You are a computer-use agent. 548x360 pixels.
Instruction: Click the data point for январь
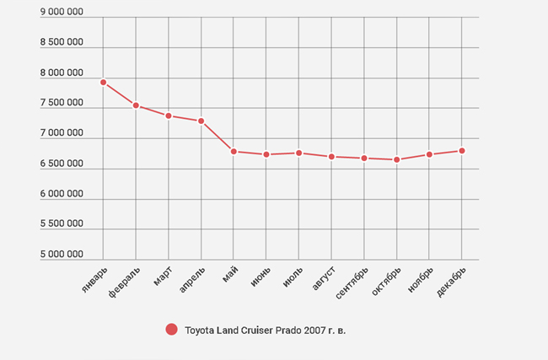coord(103,82)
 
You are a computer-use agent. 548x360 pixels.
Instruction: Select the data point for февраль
coord(136,105)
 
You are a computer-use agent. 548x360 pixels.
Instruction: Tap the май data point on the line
coord(234,151)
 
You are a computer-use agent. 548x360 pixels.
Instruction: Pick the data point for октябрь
coord(397,159)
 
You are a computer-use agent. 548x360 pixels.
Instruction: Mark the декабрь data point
coord(462,151)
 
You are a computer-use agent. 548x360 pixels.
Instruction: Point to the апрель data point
coord(201,121)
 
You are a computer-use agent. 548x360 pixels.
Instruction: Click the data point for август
coord(331,157)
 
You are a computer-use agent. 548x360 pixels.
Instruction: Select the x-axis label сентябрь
coord(352,283)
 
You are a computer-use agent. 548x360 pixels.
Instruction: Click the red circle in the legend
coord(172,330)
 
